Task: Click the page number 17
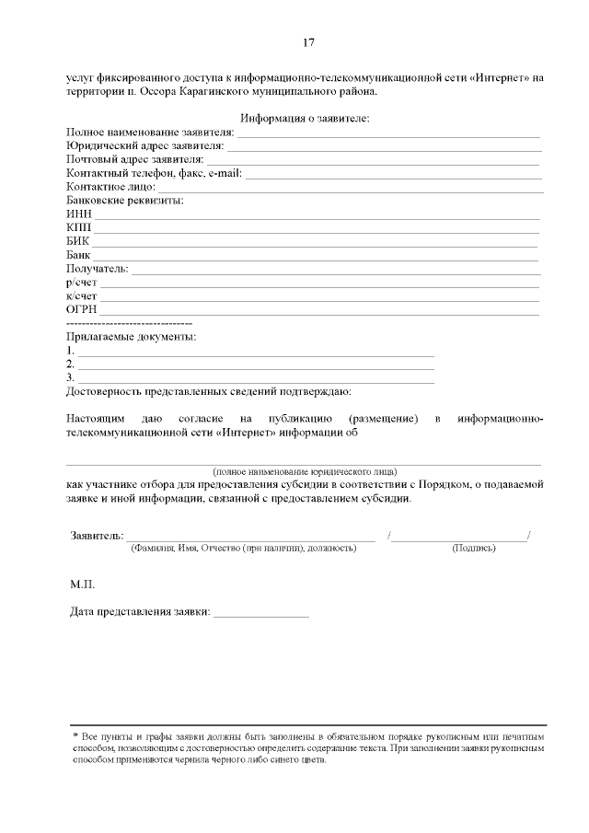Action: click(x=310, y=42)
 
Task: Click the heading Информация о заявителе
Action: click(x=304, y=118)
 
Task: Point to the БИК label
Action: click(x=78, y=240)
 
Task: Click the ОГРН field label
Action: click(x=82, y=309)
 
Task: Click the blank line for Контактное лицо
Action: click(x=350, y=189)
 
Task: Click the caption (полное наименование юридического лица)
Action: click(x=305, y=470)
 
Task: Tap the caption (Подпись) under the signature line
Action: click(x=474, y=548)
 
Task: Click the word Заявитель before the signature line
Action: click(x=96, y=535)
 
